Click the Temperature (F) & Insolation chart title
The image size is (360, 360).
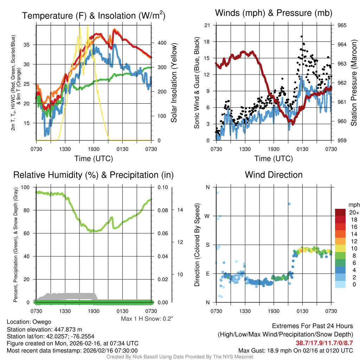(x=94, y=15)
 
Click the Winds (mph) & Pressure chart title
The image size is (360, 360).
(x=274, y=13)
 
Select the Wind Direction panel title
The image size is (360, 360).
(x=274, y=175)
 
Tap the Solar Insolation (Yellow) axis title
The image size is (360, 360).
(x=174, y=83)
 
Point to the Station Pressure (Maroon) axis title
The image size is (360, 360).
(x=354, y=83)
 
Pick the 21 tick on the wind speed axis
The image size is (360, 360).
(x=207, y=25)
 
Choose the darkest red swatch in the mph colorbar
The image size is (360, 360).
(x=340, y=212)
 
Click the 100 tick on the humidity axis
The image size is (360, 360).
(x=26, y=187)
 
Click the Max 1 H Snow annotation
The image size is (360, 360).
(x=147, y=319)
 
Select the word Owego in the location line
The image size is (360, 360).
(x=42, y=322)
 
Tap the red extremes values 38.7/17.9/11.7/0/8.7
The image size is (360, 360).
(x=324, y=342)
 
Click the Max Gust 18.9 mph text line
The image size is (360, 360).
(x=295, y=350)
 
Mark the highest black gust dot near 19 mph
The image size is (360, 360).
(x=302, y=36)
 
